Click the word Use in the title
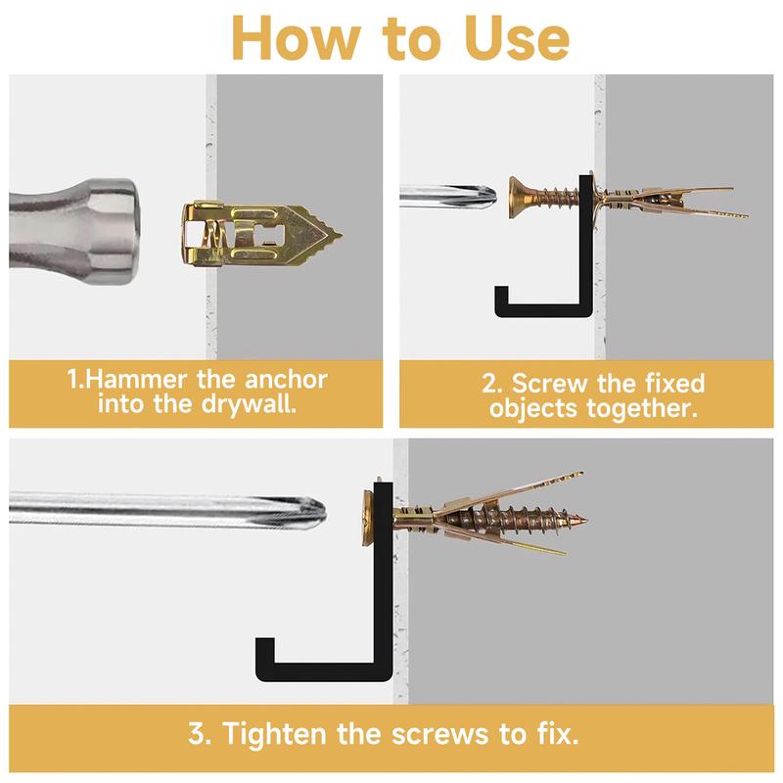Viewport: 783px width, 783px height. coord(518,38)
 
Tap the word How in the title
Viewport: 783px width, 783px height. coord(297,38)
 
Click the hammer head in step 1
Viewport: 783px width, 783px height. coord(74,232)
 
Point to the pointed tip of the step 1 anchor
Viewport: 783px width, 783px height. coord(341,235)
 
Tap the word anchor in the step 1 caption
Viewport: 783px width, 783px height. coord(286,380)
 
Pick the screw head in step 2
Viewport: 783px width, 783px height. coord(518,198)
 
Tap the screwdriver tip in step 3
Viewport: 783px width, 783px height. coord(324,511)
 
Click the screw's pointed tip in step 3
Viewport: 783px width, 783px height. coord(586,521)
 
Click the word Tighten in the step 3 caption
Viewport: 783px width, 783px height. coord(274,734)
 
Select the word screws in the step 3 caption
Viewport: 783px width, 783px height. coord(439,735)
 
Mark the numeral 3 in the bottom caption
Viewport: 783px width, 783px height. coord(196,734)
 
